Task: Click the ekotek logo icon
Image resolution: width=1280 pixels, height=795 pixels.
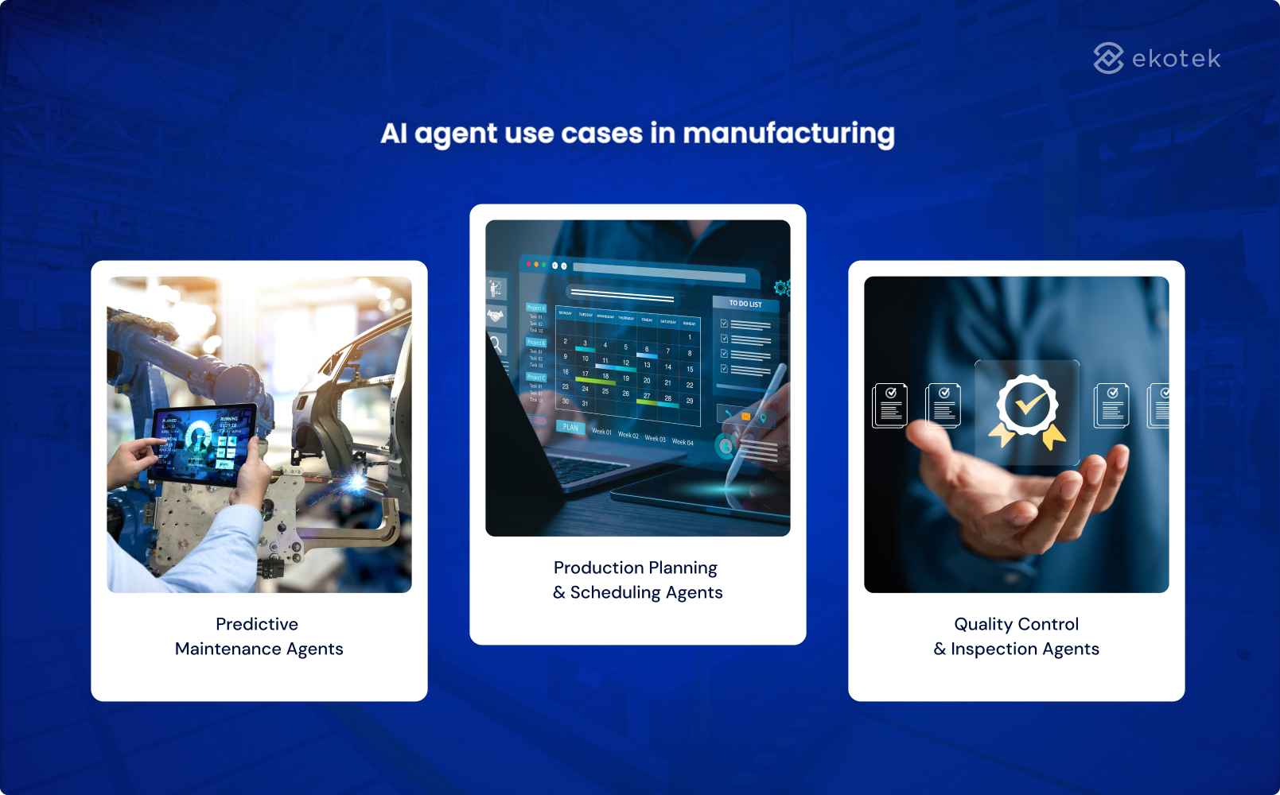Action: [x=1107, y=58]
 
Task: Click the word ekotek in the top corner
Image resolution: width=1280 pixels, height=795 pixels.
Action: [x=1176, y=59]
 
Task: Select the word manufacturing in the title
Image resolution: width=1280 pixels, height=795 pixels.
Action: [x=788, y=134]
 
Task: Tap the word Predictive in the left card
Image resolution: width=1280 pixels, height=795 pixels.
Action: [x=257, y=624]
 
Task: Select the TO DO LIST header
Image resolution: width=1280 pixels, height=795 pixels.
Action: [x=745, y=304]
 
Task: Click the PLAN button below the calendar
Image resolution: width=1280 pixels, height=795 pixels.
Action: [x=570, y=427]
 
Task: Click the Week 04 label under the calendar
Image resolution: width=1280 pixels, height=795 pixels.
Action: [x=683, y=442]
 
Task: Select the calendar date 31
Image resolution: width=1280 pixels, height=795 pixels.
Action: [x=585, y=404]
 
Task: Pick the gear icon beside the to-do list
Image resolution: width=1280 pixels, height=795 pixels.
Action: [x=781, y=287]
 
